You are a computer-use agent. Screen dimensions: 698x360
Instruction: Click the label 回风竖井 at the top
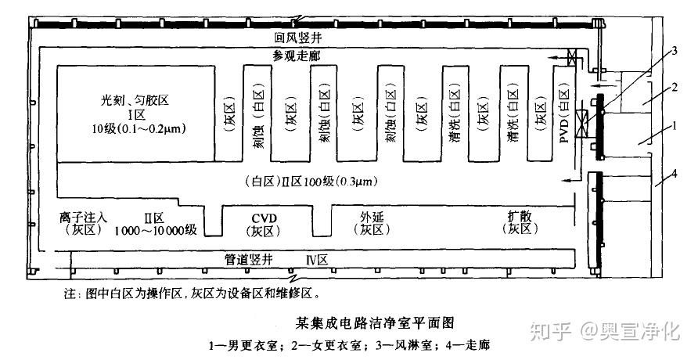[x=299, y=38]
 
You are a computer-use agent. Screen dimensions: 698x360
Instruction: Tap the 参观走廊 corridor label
[x=297, y=56]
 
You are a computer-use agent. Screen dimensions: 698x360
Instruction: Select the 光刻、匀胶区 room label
[x=135, y=101]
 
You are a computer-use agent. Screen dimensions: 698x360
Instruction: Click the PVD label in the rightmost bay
[x=563, y=126]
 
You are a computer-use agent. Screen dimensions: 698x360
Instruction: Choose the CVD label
[x=264, y=217]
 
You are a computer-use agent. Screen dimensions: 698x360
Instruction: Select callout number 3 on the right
[x=673, y=52]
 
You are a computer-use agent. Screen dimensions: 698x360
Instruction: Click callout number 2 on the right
[x=673, y=88]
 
